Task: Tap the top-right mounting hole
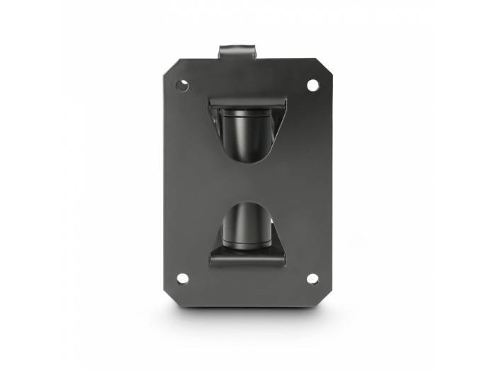click(312, 85)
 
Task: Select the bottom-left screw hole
click(182, 278)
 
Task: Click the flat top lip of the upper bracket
click(247, 103)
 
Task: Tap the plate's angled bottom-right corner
click(322, 290)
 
